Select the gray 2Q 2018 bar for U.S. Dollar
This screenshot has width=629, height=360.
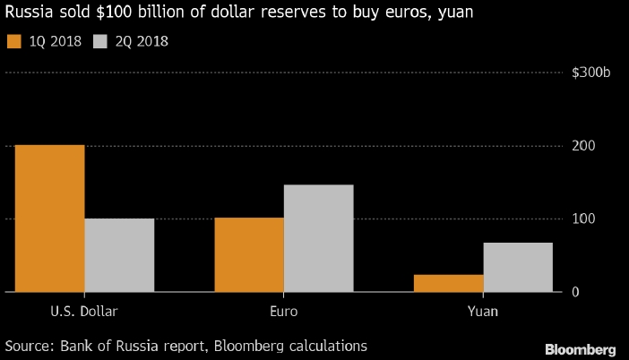click(x=119, y=255)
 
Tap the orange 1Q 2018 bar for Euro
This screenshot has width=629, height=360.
click(x=249, y=255)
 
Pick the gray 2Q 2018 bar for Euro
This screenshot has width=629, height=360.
click(x=318, y=238)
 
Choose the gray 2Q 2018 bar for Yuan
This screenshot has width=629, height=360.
click(x=518, y=267)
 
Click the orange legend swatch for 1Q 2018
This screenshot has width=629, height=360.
click(x=13, y=41)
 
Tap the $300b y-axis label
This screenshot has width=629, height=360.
click(x=591, y=73)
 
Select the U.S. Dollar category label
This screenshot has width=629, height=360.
click(x=84, y=312)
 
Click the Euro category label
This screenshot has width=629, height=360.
click(x=283, y=312)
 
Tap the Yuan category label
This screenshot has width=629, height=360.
click(x=482, y=312)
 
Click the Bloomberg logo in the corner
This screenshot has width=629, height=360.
click(x=581, y=347)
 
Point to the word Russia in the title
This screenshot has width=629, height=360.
click(x=28, y=14)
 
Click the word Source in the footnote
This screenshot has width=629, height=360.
click(x=29, y=345)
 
